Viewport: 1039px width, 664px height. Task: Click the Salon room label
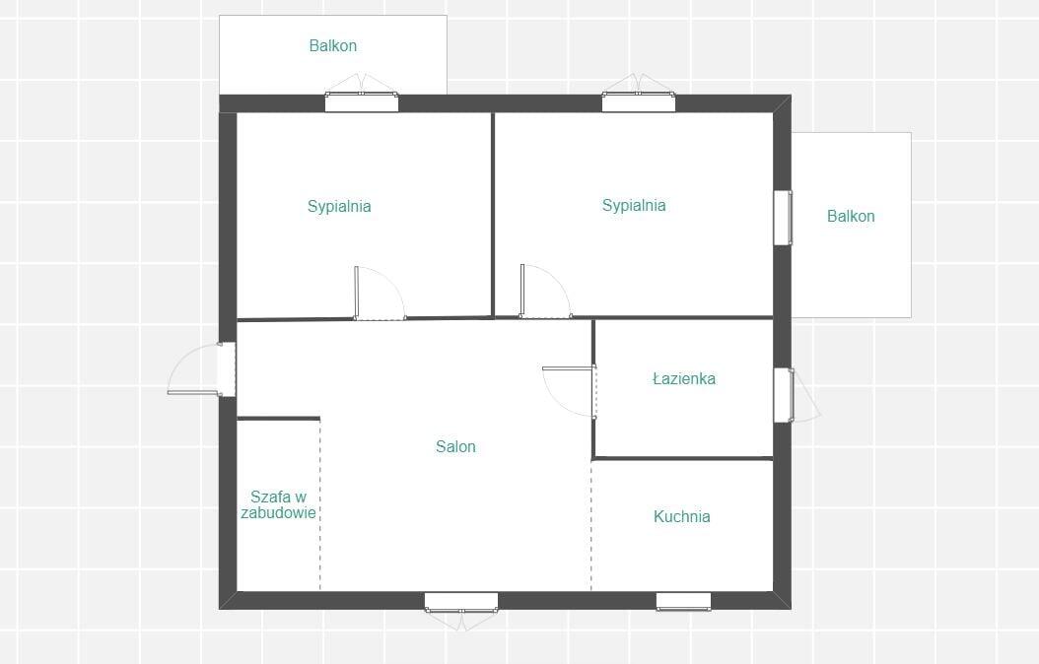[455, 447]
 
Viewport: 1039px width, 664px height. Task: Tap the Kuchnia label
[682, 516]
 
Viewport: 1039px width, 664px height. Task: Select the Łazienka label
[684, 378]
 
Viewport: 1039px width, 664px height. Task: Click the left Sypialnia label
[339, 207]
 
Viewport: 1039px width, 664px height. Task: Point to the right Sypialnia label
[634, 205]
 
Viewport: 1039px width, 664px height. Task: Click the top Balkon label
[332, 45]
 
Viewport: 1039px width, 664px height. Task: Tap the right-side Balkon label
[851, 216]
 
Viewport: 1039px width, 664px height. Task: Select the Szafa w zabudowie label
[278, 504]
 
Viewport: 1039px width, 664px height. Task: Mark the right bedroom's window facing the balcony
[784, 218]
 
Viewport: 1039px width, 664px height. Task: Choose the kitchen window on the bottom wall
[684, 601]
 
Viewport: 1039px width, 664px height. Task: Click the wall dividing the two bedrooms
[493, 215]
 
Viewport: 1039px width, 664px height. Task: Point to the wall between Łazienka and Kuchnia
[683, 458]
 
